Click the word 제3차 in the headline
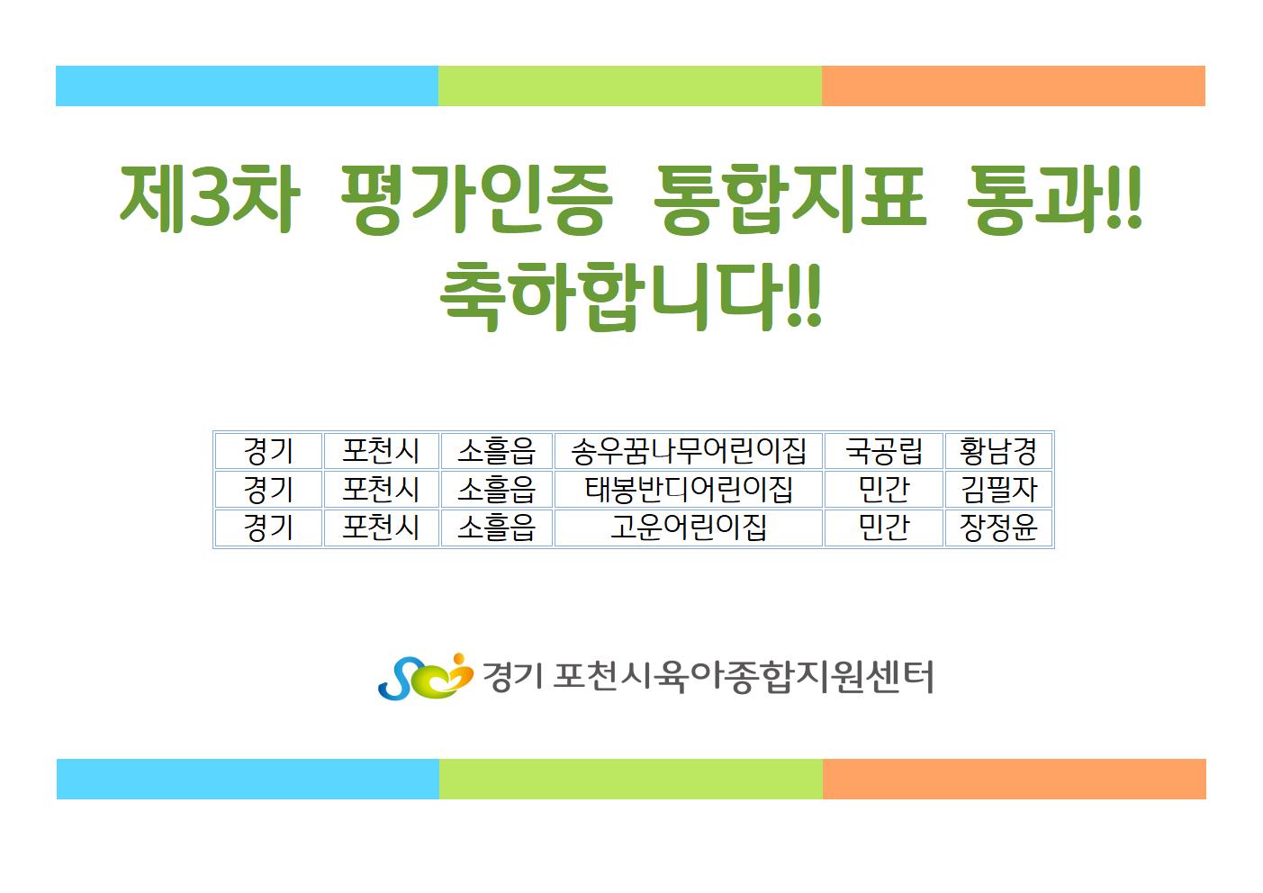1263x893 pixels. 209,199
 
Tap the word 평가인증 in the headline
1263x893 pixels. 477,199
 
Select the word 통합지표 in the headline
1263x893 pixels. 789,199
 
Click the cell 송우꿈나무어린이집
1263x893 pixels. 688,451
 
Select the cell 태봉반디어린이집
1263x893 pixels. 688,490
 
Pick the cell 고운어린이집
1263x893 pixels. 688,528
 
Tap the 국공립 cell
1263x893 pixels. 883,451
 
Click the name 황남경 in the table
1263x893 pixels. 998,451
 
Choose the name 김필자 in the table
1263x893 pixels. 998,490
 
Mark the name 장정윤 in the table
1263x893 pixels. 998,528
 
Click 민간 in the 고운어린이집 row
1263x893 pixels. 883,528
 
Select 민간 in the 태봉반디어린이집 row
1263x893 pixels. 883,490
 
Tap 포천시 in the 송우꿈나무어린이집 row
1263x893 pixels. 381,451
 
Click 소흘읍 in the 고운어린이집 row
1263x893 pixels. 496,528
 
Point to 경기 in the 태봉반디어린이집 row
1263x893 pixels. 268,490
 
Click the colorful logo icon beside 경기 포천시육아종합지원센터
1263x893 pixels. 425,677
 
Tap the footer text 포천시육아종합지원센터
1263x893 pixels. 744,676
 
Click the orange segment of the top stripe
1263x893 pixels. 1014,86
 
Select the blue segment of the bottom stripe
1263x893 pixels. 248,779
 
